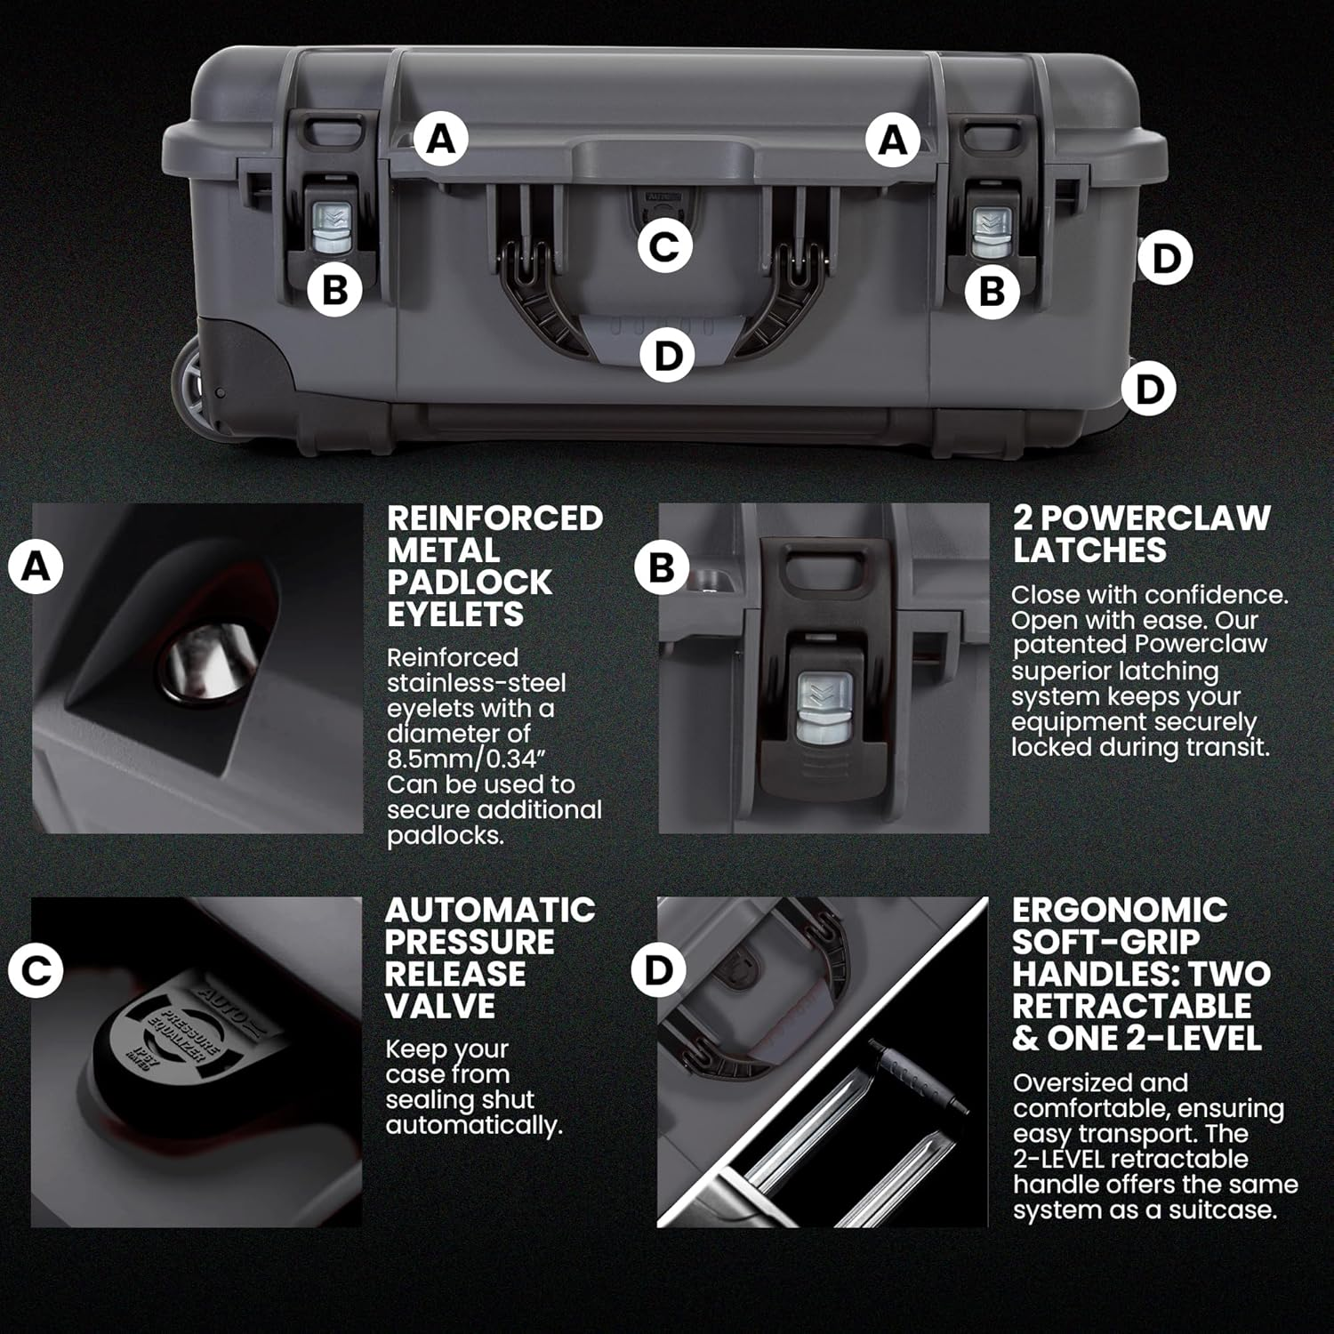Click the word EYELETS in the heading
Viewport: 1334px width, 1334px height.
pyautogui.click(x=455, y=615)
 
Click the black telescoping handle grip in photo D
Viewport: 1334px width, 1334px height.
pyautogui.click(x=920, y=1076)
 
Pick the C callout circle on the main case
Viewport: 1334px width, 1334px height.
pyautogui.click(x=664, y=246)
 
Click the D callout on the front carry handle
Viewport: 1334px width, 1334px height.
pyautogui.click(x=667, y=356)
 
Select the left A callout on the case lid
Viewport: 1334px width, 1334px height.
pyautogui.click(x=442, y=140)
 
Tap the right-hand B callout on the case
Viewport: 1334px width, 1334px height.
pyautogui.click(x=992, y=291)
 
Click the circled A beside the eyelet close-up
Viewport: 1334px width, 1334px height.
pyautogui.click(x=36, y=566)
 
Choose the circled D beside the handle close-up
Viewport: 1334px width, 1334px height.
pyautogui.click(x=658, y=970)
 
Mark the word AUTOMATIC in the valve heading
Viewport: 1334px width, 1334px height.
pyautogui.click(x=490, y=910)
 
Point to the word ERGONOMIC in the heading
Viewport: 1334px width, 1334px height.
pyautogui.click(x=1120, y=910)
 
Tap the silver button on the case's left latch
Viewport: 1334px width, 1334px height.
pyautogui.click(x=333, y=227)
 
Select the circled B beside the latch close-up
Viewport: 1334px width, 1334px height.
pyautogui.click(x=662, y=567)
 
